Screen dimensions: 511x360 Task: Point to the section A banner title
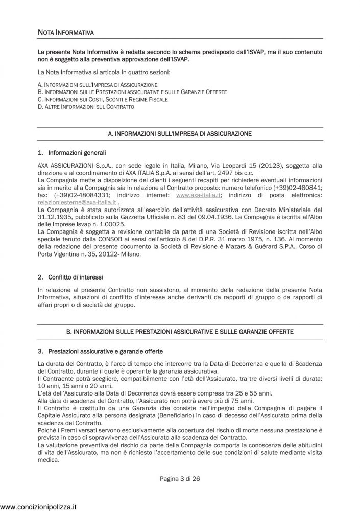point(180,133)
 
